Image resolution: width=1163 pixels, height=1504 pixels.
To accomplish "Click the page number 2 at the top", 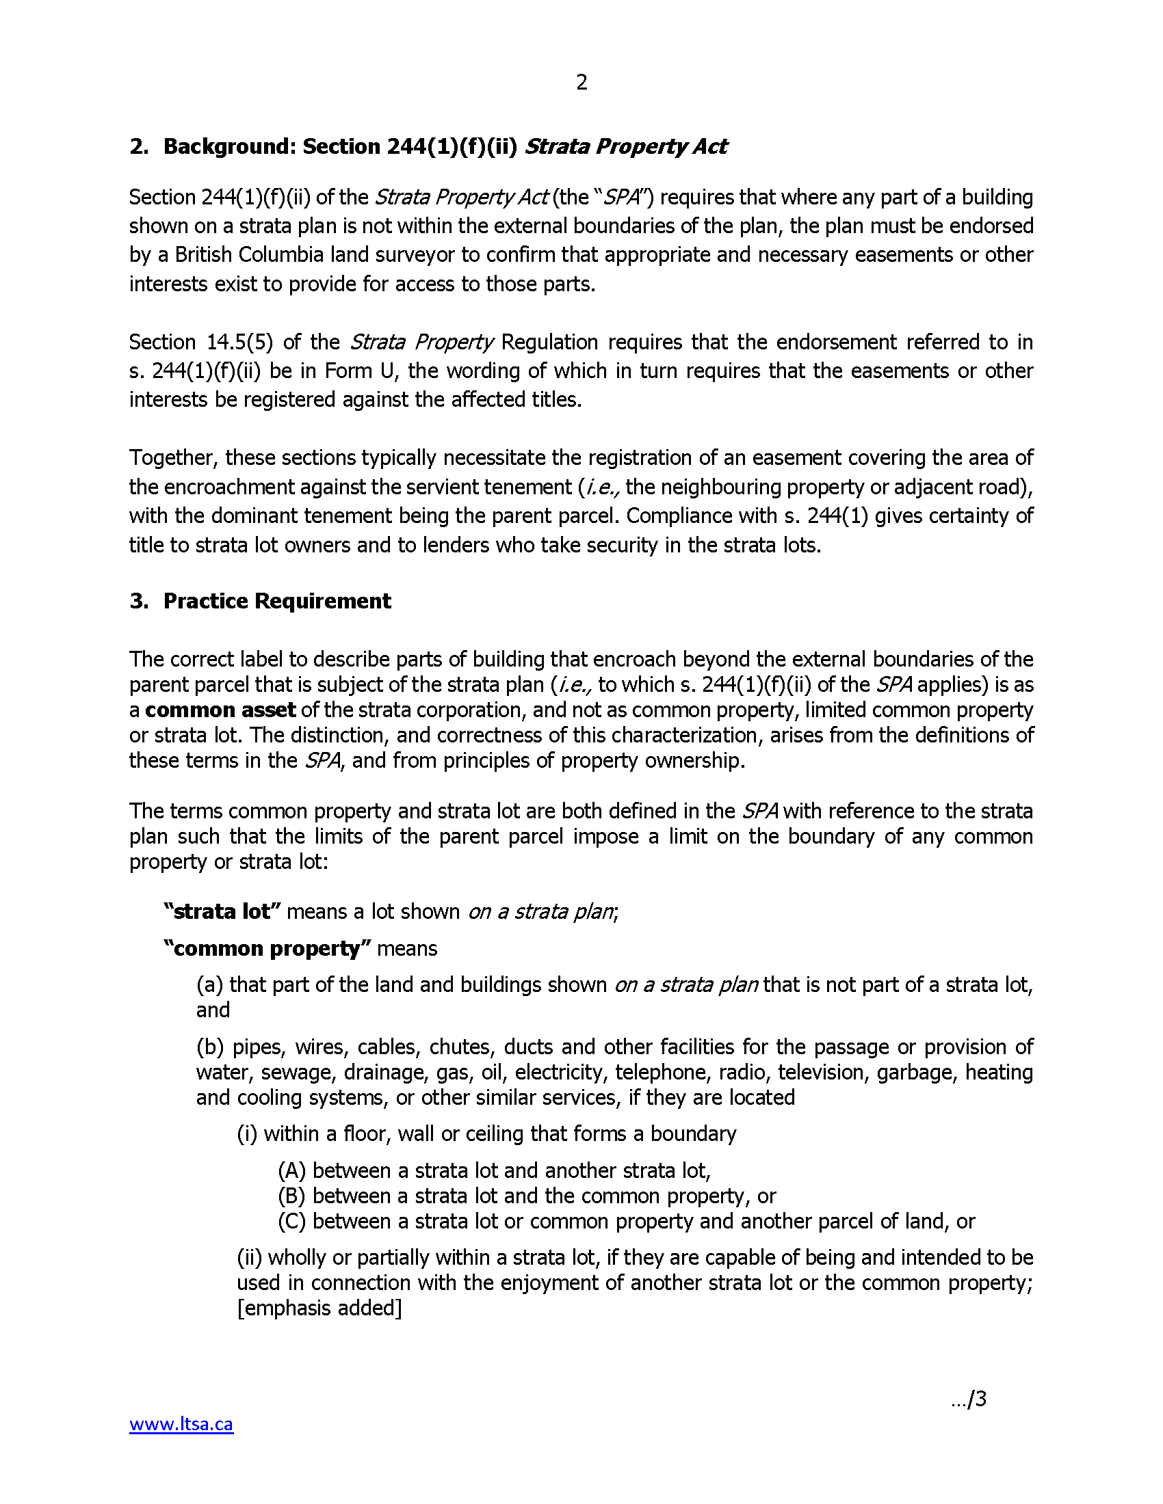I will [581, 83].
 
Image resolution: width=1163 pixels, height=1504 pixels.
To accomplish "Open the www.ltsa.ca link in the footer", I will [181, 1423].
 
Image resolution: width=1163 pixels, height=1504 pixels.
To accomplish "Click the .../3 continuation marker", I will [969, 1399].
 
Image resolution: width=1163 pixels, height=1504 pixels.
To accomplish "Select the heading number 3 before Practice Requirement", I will [138, 601].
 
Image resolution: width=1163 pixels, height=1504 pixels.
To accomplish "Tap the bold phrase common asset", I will [220, 710].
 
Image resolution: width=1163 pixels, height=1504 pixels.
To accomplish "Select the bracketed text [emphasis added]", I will [319, 1308].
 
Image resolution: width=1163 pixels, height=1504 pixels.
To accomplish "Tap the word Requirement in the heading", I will [322, 601].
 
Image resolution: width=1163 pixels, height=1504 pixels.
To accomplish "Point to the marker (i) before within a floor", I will [247, 1134].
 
